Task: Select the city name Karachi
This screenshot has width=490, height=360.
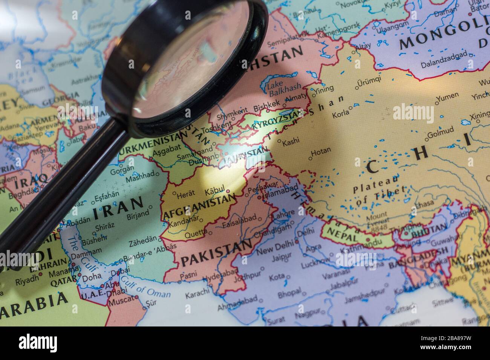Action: pos(196,292)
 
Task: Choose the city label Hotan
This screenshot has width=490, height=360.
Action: pos(321,150)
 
